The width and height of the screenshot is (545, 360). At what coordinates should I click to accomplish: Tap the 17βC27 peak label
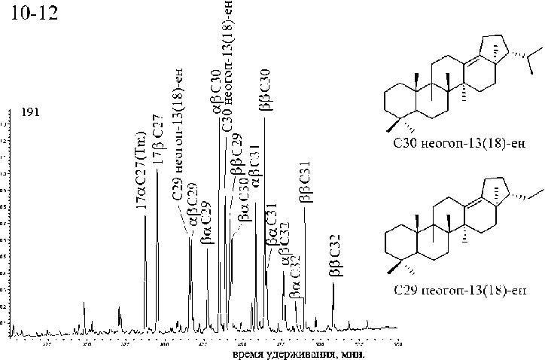pyautogui.click(x=157, y=159)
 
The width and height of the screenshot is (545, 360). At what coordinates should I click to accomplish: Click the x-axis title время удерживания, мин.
pyautogui.click(x=297, y=354)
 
